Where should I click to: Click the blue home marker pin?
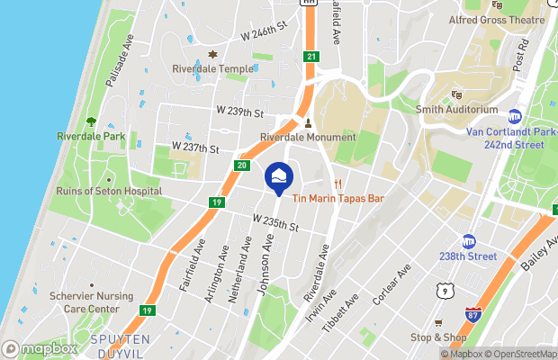[x=280, y=176]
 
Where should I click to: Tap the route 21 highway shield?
[x=311, y=57]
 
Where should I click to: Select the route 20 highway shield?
[x=242, y=165]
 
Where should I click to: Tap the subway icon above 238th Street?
[x=468, y=241]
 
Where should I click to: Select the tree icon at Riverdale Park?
[x=91, y=121]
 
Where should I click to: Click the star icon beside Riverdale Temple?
[x=213, y=54]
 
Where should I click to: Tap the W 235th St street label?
[x=275, y=221]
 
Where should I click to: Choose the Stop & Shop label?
[x=437, y=337]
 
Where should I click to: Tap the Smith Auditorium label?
[x=456, y=110]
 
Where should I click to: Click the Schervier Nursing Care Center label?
[x=78, y=301]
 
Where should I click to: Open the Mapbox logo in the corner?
[x=40, y=348]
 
